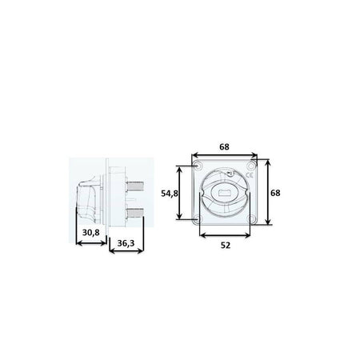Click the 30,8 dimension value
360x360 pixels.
coord(91,233)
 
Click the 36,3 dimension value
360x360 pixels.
coord(126,243)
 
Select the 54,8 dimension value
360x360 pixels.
coord(170,194)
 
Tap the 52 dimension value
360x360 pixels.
coord(226,246)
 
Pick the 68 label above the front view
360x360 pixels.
coord(224,146)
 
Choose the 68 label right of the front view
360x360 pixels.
coord(275,193)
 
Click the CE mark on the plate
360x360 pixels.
coord(250,175)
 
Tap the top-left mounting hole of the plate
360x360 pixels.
coord(198,166)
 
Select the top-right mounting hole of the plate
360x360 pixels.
coord(251,166)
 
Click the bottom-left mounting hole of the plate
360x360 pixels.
coord(198,219)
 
